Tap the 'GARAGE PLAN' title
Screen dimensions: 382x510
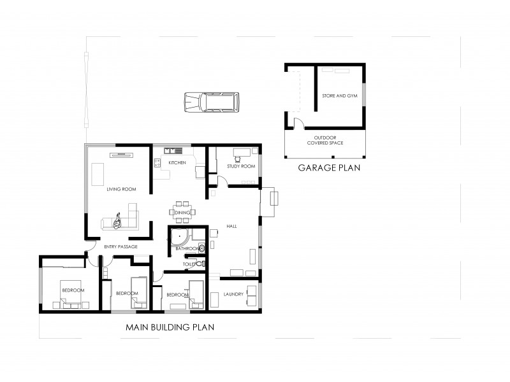(330, 169)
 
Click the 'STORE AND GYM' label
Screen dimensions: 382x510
(339, 95)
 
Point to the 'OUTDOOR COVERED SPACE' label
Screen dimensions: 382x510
(325, 140)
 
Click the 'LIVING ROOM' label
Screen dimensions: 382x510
(121, 189)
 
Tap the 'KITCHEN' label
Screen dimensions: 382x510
(177, 163)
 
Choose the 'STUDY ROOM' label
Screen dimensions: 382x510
(240, 166)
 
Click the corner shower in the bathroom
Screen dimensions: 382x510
(179, 238)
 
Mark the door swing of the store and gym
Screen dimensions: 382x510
(297, 122)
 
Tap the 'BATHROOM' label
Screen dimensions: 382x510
(188, 248)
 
